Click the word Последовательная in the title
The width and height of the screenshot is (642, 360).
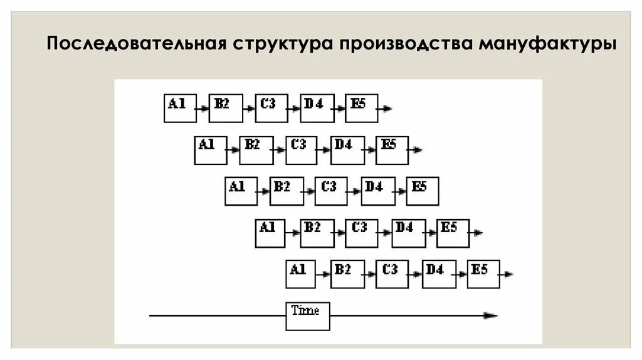[x=137, y=45]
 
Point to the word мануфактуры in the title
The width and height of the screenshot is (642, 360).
[x=547, y=45]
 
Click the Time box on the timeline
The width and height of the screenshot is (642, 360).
[x=307, y=316]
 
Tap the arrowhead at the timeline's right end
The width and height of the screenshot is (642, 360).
[x=492, y=315]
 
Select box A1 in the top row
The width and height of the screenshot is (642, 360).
[x=180, y=108]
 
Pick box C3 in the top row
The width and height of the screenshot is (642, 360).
[x=271, y=108]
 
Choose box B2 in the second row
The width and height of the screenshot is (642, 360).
[x=256, y=151]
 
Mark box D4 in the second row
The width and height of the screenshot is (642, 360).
[x=347, y=151]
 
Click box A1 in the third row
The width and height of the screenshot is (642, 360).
[x=241, y=191]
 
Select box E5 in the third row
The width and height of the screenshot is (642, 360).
[x=423, y=191]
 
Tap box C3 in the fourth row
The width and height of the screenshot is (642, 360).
[x=362, y=233]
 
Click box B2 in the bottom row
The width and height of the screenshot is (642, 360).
[x=347, y=274]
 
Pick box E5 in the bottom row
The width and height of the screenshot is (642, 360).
[x=483, y=274]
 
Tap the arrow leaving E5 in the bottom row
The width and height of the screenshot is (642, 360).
[x=507, y=274]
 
